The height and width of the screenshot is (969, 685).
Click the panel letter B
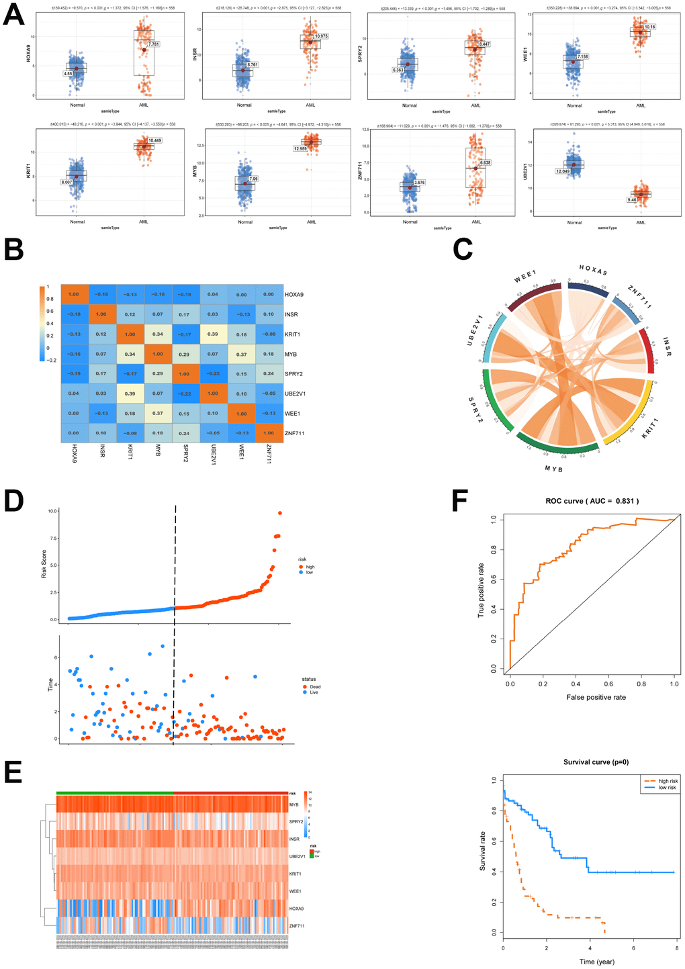(14, 248)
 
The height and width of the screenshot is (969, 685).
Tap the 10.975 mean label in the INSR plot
(321, 36)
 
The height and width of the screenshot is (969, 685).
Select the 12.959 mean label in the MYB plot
(300, 148)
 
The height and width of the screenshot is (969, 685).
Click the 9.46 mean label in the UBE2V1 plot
(632, 200)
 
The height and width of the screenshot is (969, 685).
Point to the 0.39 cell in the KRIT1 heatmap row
(213, 334)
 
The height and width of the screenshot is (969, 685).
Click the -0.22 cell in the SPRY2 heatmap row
(213, 374)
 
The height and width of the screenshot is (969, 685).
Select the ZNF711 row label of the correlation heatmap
(295, 433)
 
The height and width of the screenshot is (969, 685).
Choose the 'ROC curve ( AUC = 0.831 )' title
(592, 501)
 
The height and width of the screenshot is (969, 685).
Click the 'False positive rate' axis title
(596, 697)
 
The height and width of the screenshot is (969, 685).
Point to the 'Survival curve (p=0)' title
(596, 762)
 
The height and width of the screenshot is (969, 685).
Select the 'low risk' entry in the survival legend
(667, 788)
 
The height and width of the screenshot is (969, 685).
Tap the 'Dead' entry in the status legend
(315, 687)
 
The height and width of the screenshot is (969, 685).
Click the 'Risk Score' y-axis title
(44, 565)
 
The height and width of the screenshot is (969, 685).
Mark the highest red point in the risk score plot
(280, 513)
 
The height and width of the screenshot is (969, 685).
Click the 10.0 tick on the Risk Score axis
(52, 511)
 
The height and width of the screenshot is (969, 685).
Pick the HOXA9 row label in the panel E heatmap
(295, 909)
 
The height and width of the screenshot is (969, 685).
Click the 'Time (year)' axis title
(596, 962)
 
